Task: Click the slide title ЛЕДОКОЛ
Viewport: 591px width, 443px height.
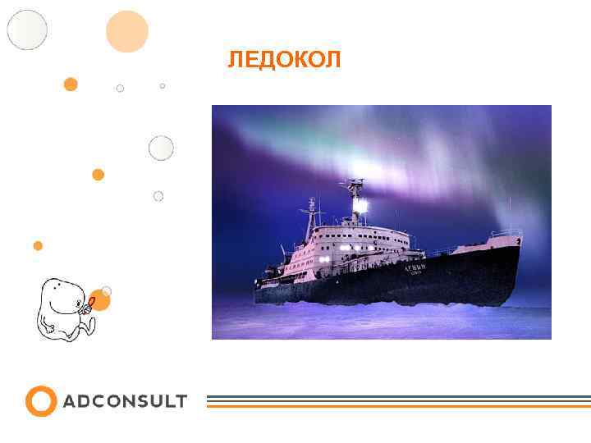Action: (x=283, y=60)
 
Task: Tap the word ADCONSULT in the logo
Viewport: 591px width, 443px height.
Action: (x=125, y=401)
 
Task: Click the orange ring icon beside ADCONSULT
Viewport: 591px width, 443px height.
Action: (x=41, y=401)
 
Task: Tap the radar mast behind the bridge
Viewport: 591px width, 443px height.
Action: (x=312, y=213)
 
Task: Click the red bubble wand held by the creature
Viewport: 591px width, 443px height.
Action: (x=92, y=304)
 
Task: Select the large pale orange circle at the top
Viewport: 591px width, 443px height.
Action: (x=127, y=32)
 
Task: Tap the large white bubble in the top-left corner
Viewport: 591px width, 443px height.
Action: (x=27, y=30)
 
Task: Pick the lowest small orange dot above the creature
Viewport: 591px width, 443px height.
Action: (x=38, y=245)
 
